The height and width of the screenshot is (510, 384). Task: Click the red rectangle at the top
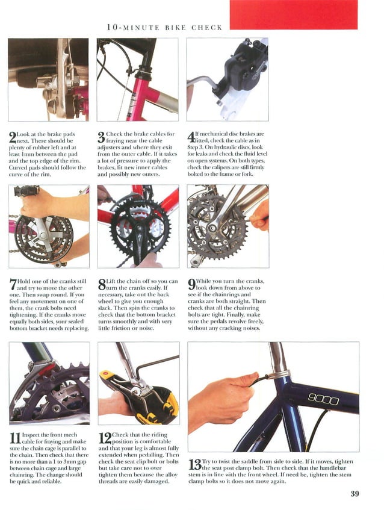click(294, 14)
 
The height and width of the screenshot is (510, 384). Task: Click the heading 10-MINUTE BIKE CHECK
click(164, 27)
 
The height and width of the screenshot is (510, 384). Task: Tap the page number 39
click(355, 493)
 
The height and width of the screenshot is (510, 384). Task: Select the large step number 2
click(13, 137)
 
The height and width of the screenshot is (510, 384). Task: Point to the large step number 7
click(13, 284)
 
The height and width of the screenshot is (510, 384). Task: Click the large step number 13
click(195, 464)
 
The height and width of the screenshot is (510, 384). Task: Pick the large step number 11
click(15, 438)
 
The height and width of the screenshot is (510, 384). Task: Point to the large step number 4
click(191, 137)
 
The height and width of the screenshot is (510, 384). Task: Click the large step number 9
click(191, 284)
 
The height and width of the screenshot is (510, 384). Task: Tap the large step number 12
click(105, 438)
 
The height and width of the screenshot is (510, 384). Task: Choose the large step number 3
click(102, 137)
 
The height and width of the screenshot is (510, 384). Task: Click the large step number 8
click(102, 284)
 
